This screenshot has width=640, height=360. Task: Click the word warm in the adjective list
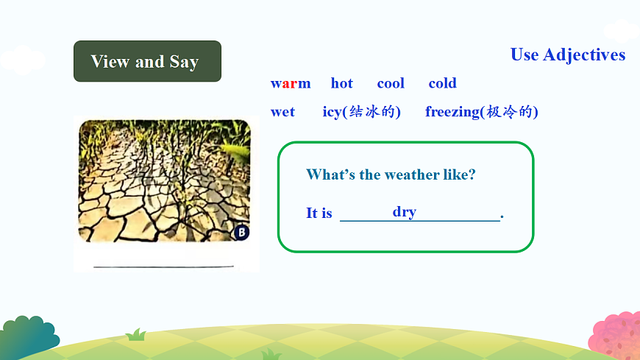290,83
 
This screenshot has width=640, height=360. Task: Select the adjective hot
341,83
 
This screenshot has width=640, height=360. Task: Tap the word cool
391,83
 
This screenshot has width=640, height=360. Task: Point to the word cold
442,83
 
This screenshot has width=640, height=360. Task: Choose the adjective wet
282,112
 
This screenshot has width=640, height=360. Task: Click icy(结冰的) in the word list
362,112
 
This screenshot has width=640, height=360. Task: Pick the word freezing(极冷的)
482,112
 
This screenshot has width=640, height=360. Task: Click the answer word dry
405,212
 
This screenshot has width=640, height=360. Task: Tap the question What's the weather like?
391,174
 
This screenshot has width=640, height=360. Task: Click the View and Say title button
147,61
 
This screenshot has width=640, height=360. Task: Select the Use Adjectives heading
568,54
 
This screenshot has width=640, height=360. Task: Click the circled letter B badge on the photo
241,233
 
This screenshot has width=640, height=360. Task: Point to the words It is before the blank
319,213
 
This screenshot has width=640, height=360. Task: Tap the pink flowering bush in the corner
616,336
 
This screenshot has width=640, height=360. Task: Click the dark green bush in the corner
29,337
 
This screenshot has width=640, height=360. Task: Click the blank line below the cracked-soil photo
163,267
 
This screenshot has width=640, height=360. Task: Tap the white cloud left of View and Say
23,60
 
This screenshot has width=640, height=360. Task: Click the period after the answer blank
502,216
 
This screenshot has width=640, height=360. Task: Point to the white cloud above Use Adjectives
622,31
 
